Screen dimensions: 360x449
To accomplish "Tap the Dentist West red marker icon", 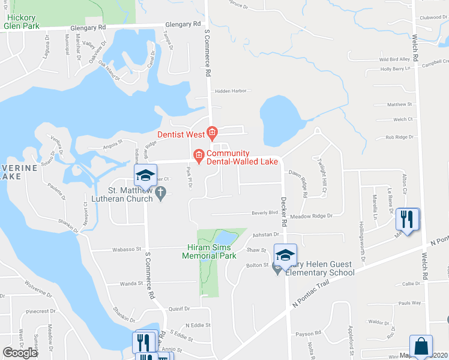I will [x=211, y=132].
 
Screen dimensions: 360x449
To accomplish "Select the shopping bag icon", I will [x=421, y=346].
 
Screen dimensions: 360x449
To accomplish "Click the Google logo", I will [x=19, y=353].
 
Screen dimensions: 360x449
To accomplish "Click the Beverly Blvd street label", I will [x=265, y=212].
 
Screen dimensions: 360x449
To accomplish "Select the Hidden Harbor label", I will [x=231, y=91].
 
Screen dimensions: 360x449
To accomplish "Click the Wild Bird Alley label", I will [x=394, y=59].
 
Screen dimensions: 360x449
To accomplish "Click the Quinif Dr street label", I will [x=179, y=308].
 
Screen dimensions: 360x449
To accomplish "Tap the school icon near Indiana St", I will [x=145, y=175].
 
